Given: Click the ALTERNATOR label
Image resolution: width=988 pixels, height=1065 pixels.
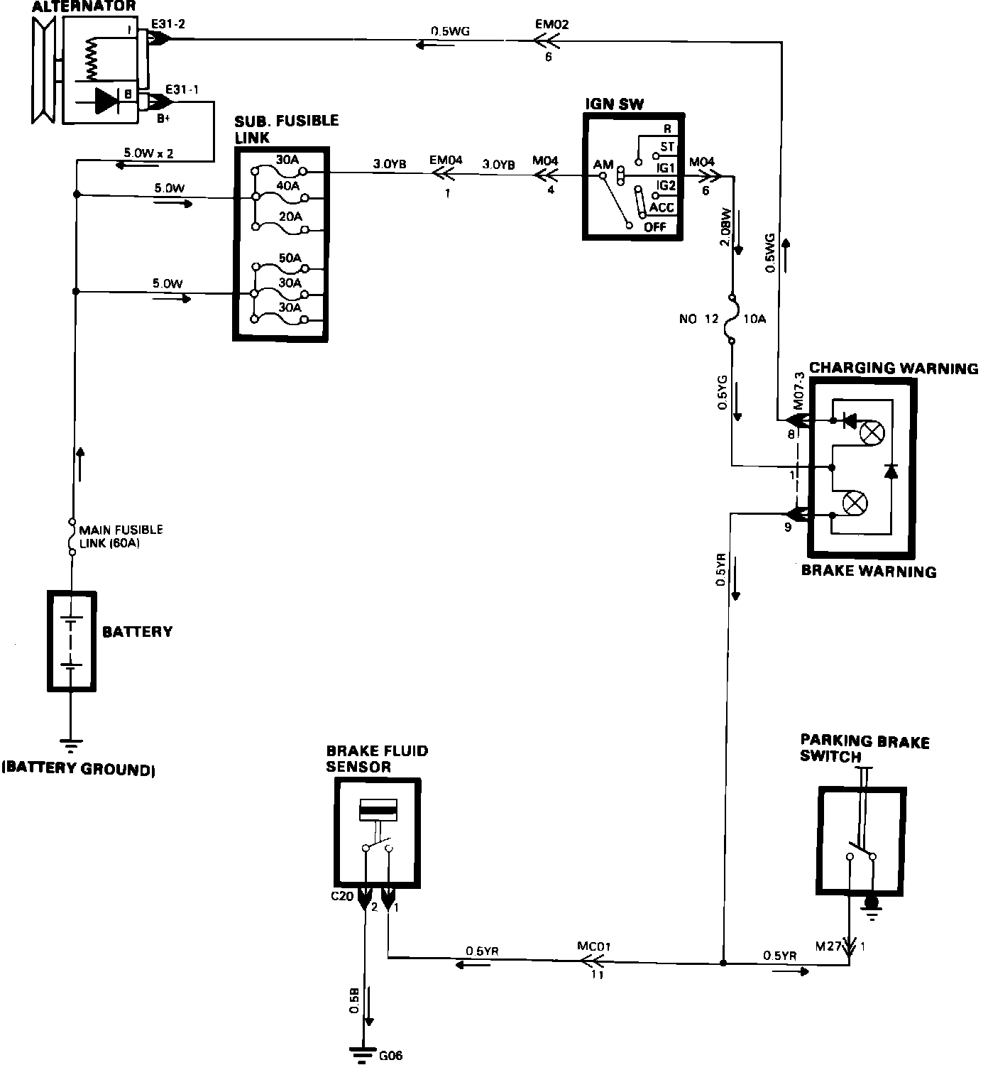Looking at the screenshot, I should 83,6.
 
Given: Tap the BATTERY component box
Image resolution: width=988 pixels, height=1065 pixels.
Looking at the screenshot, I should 71,640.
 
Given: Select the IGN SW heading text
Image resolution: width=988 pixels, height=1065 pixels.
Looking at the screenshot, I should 614,104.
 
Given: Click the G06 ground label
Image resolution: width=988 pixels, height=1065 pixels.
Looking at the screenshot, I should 390,1055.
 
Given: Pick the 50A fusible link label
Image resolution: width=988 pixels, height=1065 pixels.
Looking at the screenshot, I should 290,258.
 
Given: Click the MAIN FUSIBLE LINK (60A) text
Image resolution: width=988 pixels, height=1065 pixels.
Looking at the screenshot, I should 121,536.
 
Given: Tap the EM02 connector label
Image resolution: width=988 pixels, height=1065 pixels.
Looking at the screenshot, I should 551,24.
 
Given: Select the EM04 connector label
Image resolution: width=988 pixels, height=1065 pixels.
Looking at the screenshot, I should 446,160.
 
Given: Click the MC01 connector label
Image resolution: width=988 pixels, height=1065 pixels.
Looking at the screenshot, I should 593,946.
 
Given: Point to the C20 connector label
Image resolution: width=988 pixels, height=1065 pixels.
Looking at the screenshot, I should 342,896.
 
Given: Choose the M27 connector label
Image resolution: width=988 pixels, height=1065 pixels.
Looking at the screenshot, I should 828,946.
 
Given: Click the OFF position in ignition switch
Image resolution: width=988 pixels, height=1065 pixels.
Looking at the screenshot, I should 655,227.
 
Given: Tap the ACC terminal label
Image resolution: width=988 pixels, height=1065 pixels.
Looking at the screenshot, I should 662,208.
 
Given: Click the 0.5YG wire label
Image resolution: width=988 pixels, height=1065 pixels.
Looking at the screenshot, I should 722,393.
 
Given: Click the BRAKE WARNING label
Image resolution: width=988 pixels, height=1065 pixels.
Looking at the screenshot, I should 868,571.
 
